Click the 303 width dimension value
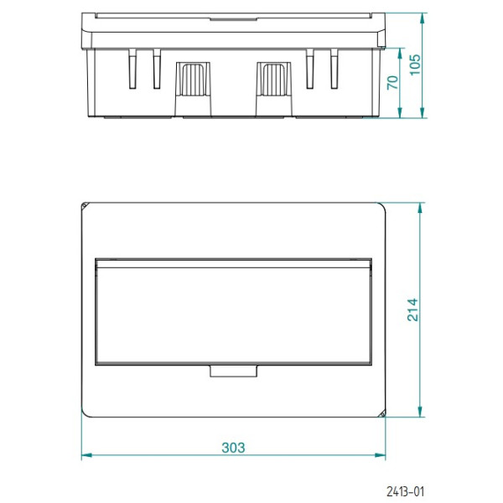[234, 448]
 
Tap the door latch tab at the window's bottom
[233, 371]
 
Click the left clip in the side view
[191, 80]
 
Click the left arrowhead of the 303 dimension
[85, 456]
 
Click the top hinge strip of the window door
[233, 262]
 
